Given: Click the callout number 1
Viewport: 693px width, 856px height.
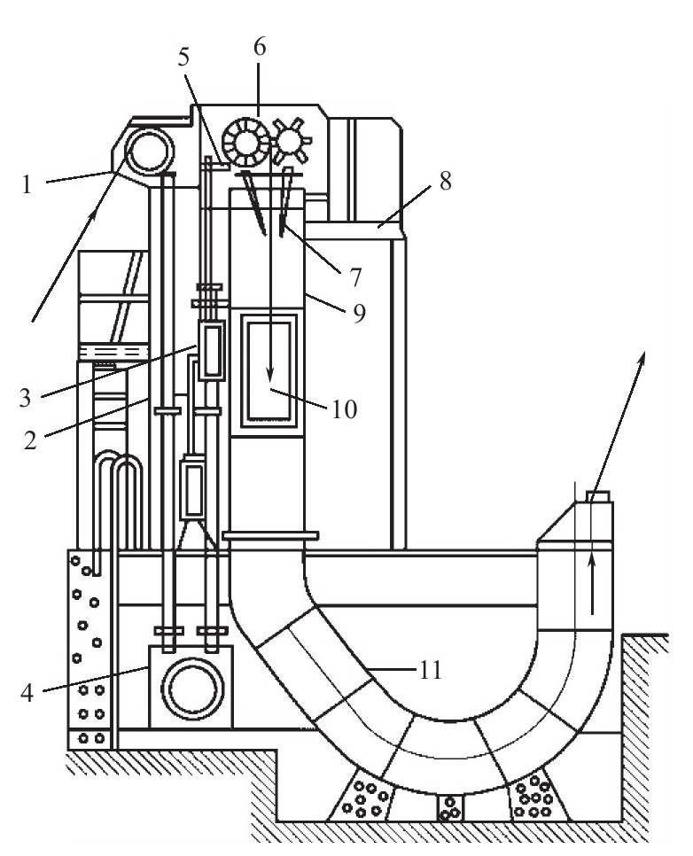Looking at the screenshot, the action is [x=27, y=185].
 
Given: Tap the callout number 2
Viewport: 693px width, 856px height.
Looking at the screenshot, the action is [x=31, y=440].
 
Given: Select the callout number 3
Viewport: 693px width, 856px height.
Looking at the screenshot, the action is [x=25, y=398].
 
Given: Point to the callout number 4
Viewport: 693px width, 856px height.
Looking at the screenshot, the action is [x=27, y=693].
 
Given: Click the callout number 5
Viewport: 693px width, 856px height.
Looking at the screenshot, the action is [x=183, y=57].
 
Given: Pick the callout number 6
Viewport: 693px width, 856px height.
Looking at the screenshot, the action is [x=260, y=47].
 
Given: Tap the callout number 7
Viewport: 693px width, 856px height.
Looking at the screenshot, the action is [x=355, y=278].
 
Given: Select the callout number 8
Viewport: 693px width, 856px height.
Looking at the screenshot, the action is [x=446, y=182].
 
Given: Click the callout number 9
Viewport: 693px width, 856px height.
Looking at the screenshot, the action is [x=359, y=314].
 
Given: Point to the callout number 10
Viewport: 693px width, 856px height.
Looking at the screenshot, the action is [x=345, y=409].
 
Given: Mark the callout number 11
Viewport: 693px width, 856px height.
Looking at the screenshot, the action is [x=431, y=669].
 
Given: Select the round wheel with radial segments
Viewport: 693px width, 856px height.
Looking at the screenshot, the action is [x=246, y=144].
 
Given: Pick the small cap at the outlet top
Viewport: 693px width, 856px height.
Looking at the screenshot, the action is [x=598, y=495].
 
